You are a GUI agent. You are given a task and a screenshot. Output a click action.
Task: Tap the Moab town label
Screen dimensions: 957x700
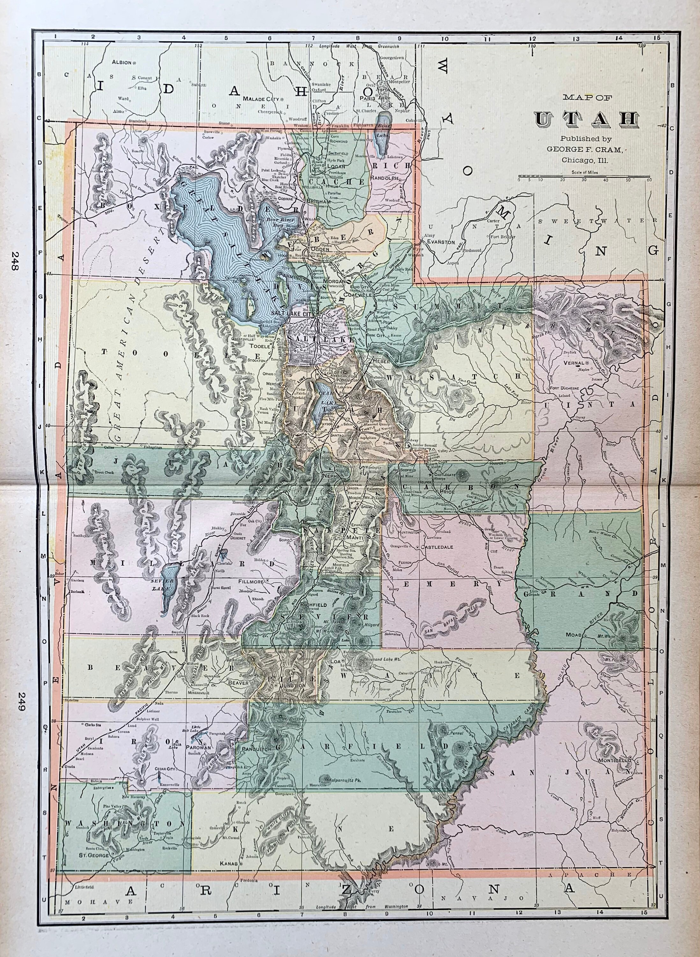tap(573, 647)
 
